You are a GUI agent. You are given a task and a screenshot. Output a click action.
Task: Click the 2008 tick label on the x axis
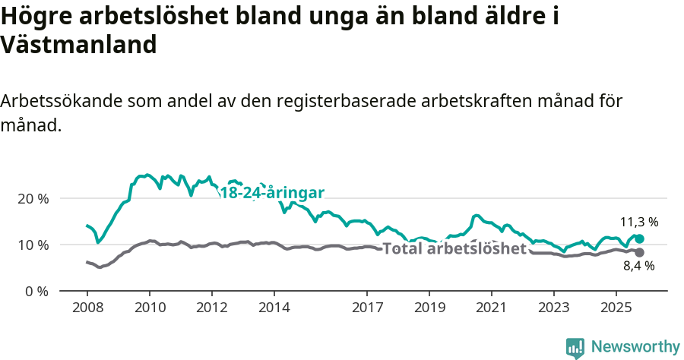pos(87,308)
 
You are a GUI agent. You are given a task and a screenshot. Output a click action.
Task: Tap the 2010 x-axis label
pos(149,308)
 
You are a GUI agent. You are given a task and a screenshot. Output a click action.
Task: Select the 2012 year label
pos(211,308)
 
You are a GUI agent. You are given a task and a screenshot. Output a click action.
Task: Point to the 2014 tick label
pos(274,308)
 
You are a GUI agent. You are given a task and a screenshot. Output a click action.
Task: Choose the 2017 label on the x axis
pos(367,308)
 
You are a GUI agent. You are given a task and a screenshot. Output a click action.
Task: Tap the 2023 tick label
pos(553,308)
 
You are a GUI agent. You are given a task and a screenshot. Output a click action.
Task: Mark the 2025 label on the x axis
pos(616,308)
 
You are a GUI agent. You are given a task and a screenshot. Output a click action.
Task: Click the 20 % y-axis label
pos(33,198)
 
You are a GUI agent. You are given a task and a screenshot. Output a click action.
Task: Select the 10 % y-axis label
pos(33,245)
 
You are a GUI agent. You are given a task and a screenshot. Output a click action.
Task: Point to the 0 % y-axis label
pos(36,291)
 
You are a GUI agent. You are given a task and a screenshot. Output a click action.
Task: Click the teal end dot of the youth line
pos(639,238)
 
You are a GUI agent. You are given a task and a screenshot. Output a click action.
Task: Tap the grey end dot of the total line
pos(639,252)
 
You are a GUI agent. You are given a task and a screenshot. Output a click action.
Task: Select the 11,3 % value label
pos(639,223)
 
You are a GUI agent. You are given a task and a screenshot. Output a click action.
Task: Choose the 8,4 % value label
pos(639,266)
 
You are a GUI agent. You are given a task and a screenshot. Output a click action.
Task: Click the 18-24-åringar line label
pos(272,193)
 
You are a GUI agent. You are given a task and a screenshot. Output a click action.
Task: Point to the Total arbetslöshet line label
pos(454,249)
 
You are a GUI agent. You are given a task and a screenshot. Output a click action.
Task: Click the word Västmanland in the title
pos(78,45)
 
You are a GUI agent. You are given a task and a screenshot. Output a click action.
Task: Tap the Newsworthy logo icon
pos(575,347)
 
